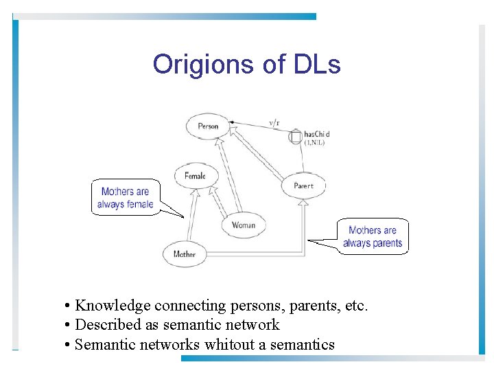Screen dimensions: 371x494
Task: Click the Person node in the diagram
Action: click(x=207, y=126)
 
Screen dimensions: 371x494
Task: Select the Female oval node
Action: click(x=196, y=176)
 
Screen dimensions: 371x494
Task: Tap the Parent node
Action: click(x=303, y=185)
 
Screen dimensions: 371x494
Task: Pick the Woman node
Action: click(x=244, y=225)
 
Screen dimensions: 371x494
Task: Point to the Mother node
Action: click(x=184, y=254)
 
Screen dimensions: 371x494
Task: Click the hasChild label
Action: click(x=317, y=133)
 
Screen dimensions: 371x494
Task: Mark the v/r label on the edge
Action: click(x=274, y=124)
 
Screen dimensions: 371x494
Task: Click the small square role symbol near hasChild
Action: click(x=295, y=137)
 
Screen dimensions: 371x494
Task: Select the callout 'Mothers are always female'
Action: click(x=125, y=198)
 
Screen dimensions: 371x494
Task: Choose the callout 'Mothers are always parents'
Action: click(x=373, y=237)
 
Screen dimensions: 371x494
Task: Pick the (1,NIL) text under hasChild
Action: click(x=316, y=143)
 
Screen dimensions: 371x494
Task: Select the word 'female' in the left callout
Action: click(x=140, y=204)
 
